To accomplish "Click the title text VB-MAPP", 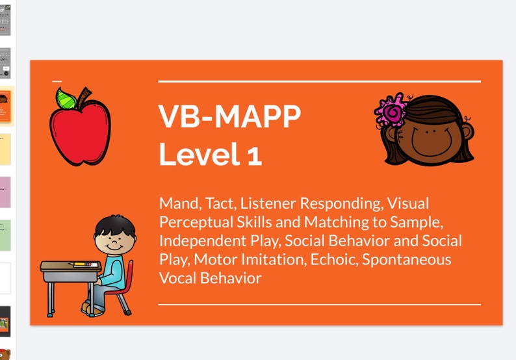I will tap(229, 117).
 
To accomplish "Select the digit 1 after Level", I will tap(253, 155).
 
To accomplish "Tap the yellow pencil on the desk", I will tap(81, 264).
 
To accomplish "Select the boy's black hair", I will tap(115, 227).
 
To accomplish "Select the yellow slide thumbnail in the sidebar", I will tap(5, 150).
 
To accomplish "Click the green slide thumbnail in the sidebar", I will tap(5, 235).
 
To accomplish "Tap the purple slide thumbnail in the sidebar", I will tap(5, 192).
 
